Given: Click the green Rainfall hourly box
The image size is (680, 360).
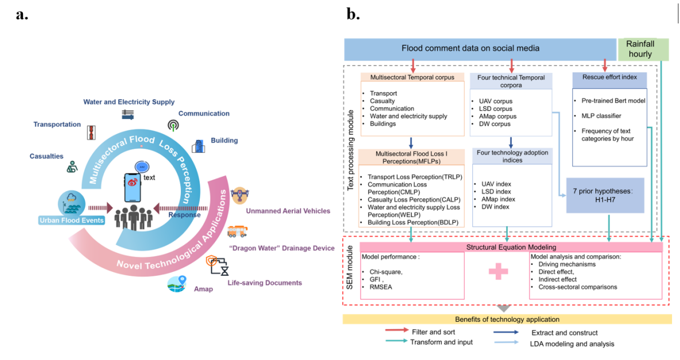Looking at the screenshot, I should (x=643, y=49).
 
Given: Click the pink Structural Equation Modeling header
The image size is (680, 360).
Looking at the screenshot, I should (x=510, y=247).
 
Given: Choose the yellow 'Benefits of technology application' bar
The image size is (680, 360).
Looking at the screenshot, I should (x=507, y=319).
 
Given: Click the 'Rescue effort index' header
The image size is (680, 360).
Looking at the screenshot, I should (x=609, y=77).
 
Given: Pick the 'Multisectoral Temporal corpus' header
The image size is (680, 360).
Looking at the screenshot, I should (x=404, y=77).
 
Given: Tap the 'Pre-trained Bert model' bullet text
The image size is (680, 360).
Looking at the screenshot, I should (x=612, y=101).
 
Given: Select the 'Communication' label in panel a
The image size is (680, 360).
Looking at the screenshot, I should (x=204, y=113).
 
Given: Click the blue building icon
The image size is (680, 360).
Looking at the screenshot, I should (x=197, y=146).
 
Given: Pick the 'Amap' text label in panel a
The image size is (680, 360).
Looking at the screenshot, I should (x=203, y=289).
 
